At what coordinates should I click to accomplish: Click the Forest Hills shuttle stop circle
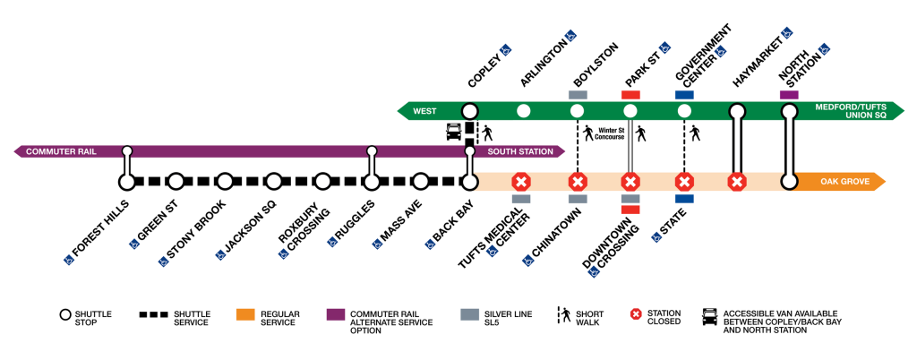click(127, 182)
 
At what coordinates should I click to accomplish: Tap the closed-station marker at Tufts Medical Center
click(520, 182)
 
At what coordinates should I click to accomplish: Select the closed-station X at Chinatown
click(578, 182)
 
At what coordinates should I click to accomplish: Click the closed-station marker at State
click(684, 182)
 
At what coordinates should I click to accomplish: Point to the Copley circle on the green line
click(468, 111)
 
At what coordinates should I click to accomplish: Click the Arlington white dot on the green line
click(524, 111)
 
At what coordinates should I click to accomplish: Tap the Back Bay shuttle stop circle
click(468, 182)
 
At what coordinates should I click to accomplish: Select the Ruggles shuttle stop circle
click(372, 182)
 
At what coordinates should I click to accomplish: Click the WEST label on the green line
click(424, 111)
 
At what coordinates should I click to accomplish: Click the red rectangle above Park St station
click(630, 94)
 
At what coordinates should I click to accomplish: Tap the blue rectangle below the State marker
click(684, 199)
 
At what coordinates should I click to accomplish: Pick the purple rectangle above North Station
click(789, 94)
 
